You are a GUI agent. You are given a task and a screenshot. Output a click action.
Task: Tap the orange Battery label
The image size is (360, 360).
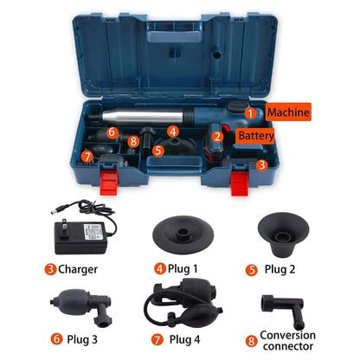pos(257,136)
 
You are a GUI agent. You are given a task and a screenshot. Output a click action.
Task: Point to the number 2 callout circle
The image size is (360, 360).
pos(219,136)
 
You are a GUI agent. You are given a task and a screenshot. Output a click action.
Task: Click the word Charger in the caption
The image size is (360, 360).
pos(79,268)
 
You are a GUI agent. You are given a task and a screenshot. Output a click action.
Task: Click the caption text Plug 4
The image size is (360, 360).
pos(187,339)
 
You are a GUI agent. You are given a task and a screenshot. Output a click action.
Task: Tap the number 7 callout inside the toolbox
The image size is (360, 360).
pos(87,157)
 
